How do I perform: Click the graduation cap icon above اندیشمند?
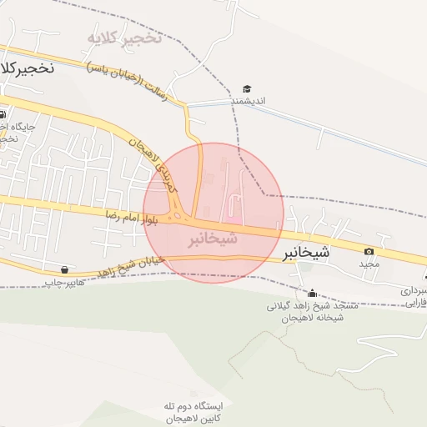coord(247,88)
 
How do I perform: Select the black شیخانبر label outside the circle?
coord(306,250)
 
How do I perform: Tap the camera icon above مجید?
coord(369,251)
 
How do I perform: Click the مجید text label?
coord(369,264)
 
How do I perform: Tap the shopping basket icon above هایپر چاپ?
coord(65,269)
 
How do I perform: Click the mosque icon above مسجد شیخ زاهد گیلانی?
coord(313,294)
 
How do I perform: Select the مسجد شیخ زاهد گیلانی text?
coord(313,306)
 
